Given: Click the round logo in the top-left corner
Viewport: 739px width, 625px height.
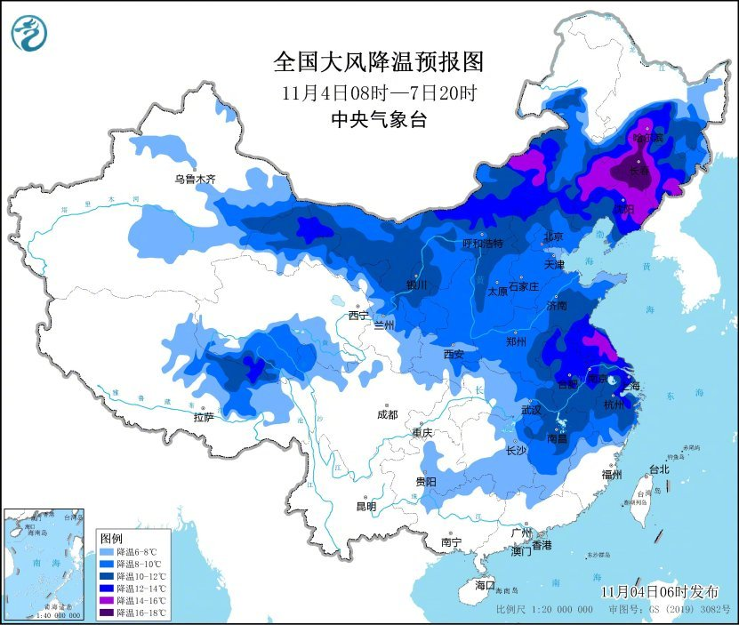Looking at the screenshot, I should click(x=30, y=33).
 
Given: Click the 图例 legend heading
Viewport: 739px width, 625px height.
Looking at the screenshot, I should click(x=111, y=539).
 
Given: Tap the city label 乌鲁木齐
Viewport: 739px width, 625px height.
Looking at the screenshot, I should click(x=195, y=180).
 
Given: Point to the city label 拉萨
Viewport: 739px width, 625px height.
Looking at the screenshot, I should click(x=204, y=416).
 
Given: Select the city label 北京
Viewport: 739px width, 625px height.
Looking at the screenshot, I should click(x=553, y=237).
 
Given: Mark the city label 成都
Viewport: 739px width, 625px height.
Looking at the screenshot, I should click(x=387, y=414).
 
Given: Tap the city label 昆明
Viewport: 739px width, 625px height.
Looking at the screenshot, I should click(x=365, y=506).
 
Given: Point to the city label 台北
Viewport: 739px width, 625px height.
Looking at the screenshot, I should click(x=658, y=469).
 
